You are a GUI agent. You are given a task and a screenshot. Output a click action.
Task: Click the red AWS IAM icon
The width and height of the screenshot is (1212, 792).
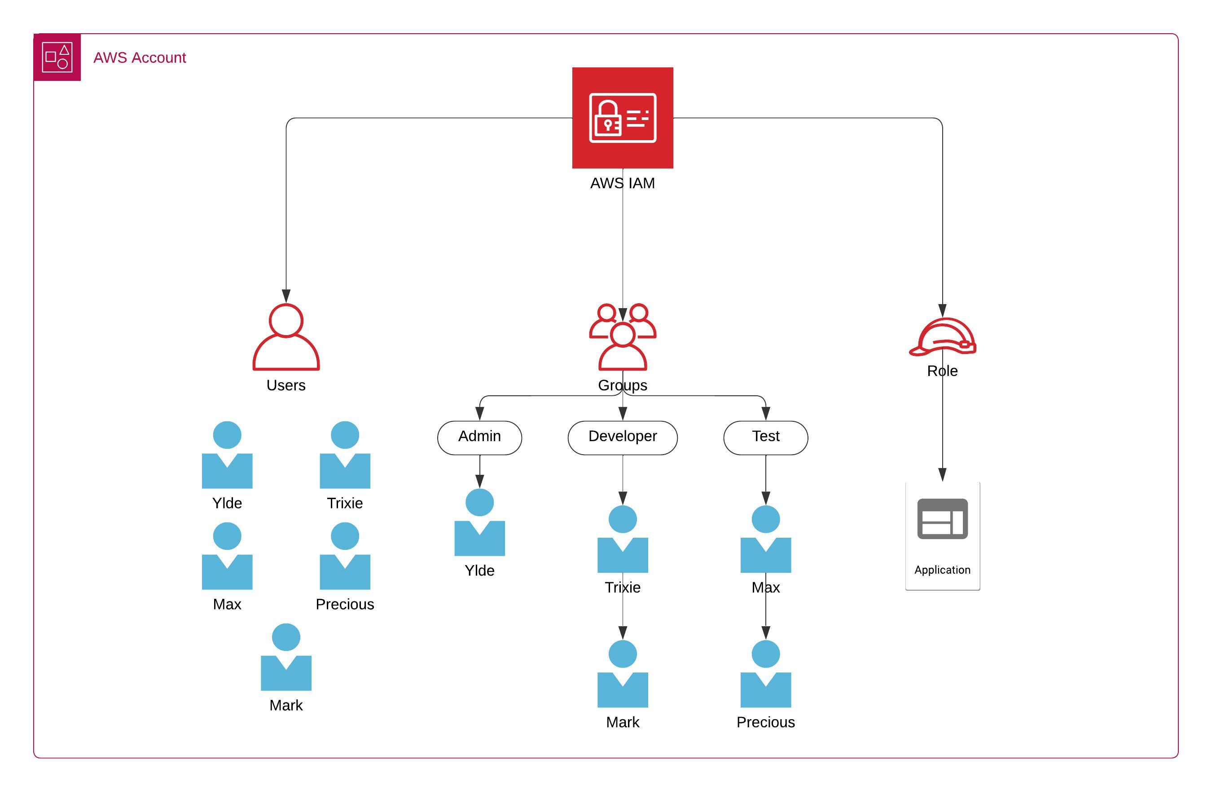pos(622,118)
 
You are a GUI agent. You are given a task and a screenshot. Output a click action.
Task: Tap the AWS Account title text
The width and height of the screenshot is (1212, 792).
pos(140,58)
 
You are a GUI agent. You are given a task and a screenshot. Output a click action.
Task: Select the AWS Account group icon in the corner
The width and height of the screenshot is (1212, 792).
pos(57,57)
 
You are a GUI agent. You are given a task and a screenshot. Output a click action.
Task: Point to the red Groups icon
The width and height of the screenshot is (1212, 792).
pos(622,337)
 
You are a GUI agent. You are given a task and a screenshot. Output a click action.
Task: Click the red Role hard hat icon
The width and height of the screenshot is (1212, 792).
pos(942,337)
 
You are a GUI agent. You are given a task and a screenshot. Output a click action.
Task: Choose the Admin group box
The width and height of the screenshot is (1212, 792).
pos(479,437)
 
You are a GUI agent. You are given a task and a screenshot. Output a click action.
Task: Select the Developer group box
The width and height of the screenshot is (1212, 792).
pos(622,437)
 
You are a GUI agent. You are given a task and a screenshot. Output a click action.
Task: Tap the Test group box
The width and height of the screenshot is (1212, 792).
pos(765,437)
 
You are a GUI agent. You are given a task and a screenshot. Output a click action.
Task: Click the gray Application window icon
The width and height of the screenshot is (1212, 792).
pos(942,518)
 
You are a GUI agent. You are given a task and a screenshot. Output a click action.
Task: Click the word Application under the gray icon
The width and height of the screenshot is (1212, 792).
pos(942,570)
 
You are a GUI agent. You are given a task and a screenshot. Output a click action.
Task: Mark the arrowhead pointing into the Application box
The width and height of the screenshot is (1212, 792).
pos(942,474)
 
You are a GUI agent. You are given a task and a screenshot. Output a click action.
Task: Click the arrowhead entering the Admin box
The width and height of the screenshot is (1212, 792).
pos(479,413)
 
